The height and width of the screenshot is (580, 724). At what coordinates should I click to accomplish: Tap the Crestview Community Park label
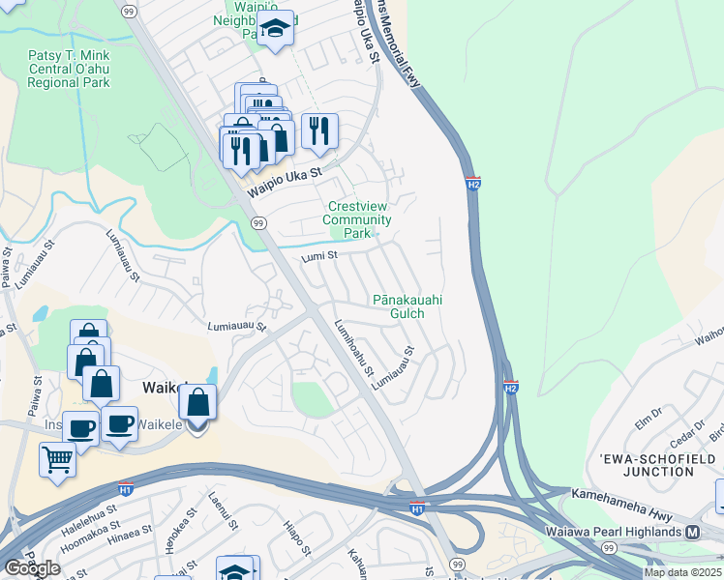(359, 219)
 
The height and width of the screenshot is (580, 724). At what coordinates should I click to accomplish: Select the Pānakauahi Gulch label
(407, 306)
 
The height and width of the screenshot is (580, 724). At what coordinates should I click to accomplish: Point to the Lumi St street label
(318, 257)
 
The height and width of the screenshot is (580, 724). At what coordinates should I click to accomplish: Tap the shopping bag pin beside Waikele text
(197, 401)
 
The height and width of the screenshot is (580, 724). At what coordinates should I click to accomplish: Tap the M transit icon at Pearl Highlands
(692, 533)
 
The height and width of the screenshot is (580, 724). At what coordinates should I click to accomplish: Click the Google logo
(32, 568)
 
